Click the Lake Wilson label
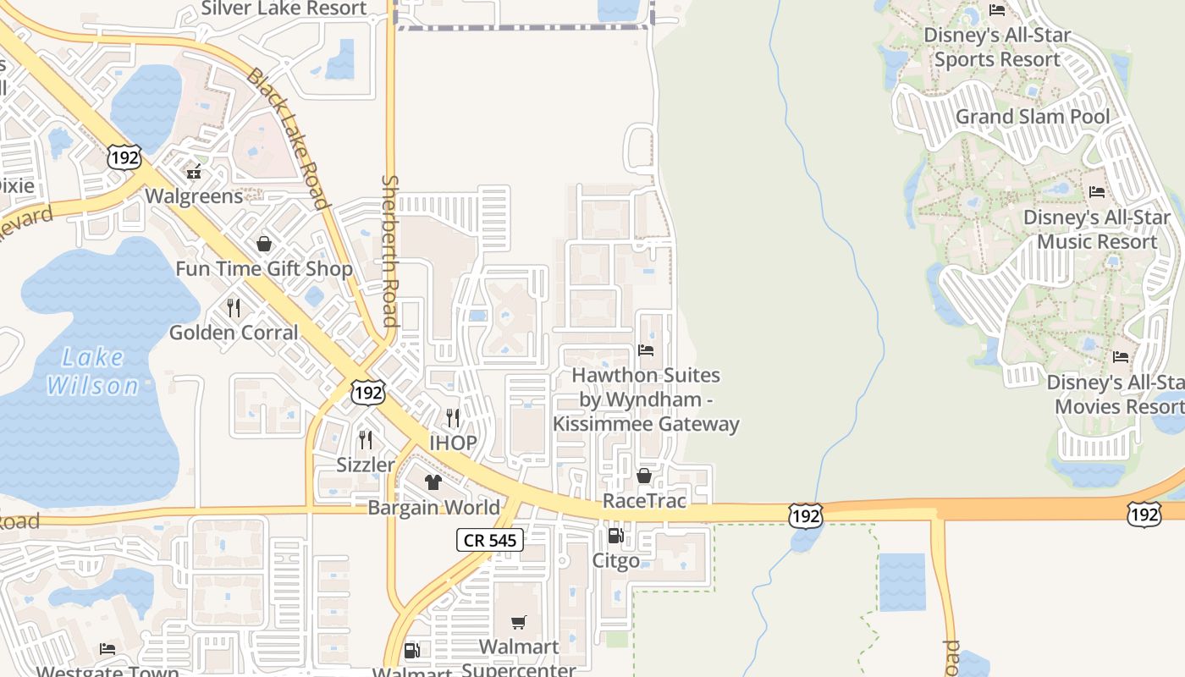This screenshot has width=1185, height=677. pyautogui.click(x=93, y=372)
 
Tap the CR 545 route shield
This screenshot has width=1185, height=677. pyautogui.click(x=490, y=540)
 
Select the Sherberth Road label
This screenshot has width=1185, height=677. pyautogui.click(x=389, y=250)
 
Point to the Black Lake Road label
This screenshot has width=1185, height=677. pyautogui.click(x=286, y=138)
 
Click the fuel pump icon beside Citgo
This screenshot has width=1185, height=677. pyautogui.click(x=615, y=536)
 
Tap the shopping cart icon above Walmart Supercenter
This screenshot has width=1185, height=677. pyautogui.click(x=519, y=623)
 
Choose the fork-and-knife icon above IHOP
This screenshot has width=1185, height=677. pyautogui.click(x=453, y=417)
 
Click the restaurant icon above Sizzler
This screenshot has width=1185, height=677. pyautogui.click(x=366, y=439)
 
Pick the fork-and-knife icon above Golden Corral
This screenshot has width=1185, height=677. pyautogui.click(x=234, y=307)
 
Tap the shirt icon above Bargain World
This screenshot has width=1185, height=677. pyautogui.click(x=433, y=482)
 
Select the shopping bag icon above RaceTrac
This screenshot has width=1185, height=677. pyautogui.click(x=643, y=476)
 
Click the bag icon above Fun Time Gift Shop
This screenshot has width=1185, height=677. pyautogui.click(x=264, y=244)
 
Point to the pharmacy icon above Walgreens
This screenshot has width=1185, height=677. pyautogui.click(x=194, y=172)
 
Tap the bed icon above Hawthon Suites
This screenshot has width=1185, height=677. pyautogui.click(x=646, y=350)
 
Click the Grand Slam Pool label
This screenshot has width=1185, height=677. pyautogui.click(x=1032, y=117)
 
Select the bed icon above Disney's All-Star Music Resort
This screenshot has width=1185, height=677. pyautogui.click(x=1097, y=192)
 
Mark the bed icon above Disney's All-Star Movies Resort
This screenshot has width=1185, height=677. pyautogui.click(x=1121, y=356)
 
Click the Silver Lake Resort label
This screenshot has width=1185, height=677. pyautogui.click(x=284, y=9)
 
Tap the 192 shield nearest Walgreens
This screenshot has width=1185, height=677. pyautogui.click(x=124, y=157)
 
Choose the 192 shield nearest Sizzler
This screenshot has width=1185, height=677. pyautogui.click(x=368, y=392)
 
